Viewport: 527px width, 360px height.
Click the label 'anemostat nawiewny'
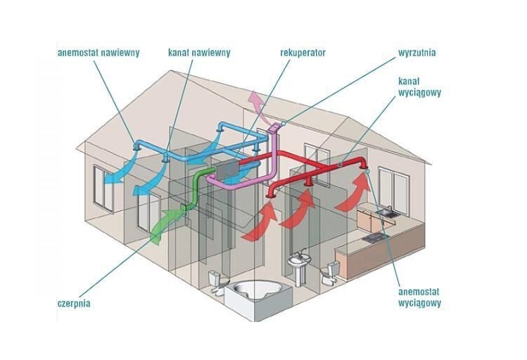(99, 52)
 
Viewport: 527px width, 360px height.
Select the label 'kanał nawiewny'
(199, 52)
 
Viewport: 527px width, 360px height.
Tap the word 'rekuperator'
(303, 52)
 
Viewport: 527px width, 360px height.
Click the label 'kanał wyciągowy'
(423, 86)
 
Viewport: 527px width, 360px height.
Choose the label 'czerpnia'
(74, 304)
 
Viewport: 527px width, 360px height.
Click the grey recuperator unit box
(227, 169)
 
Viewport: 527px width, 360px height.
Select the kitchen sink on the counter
(386, 210)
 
